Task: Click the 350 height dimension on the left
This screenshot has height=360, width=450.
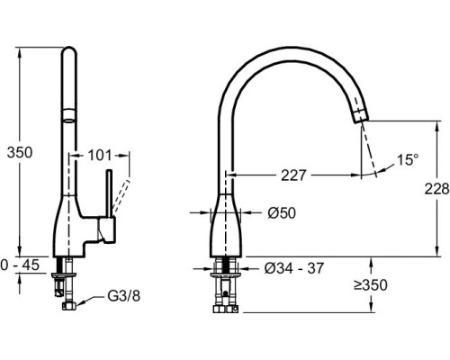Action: [20, 153]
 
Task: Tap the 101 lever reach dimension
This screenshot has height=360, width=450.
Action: [100, 156]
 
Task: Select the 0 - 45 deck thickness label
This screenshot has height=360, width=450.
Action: [20, 265]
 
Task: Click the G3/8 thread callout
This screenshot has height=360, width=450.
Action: [124, 296]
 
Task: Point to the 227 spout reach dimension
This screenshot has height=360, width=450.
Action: [293, 175]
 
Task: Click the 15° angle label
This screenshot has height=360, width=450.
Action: [408, 159]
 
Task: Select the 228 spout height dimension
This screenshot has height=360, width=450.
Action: [436, 189]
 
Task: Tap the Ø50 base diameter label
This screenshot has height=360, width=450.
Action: [282, 213]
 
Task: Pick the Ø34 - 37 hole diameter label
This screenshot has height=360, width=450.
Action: [294, 268]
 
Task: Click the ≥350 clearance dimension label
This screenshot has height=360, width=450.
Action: [371, 285]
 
